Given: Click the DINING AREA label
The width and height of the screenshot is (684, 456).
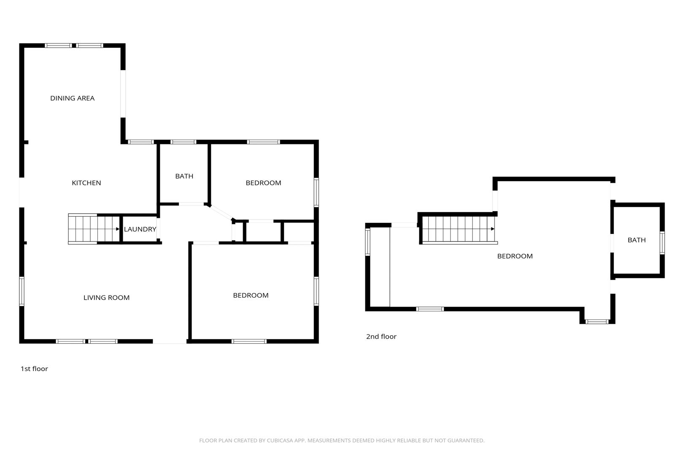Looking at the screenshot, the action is (73, 98).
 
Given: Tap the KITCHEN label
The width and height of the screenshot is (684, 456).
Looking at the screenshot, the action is (87, 183).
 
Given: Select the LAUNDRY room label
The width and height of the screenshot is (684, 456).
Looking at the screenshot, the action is (140, 229).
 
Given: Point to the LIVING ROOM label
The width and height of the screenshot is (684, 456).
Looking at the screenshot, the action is (107, 297).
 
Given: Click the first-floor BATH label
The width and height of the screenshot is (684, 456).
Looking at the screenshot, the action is (184, 176).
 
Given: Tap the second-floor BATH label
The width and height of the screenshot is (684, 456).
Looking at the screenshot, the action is (637, 240).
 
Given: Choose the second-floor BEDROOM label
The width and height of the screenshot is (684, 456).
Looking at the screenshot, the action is (515, 256).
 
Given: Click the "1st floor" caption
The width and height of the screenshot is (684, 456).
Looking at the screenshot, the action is (34, 369).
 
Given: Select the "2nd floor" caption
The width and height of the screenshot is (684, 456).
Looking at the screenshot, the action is (381, 337).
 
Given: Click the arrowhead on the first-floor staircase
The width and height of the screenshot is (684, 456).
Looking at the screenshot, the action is (118, 229).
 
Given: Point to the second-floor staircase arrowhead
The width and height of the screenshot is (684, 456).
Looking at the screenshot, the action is (492, 228).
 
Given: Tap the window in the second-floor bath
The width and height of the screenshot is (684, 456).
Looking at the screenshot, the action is (662, 243).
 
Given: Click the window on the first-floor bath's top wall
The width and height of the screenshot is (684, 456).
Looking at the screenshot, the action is (183, 142).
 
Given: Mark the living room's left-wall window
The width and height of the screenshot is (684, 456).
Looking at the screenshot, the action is (22, 291).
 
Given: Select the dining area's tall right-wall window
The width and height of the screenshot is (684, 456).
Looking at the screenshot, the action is (123, 94).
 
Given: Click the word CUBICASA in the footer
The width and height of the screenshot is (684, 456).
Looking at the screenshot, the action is (280, 440).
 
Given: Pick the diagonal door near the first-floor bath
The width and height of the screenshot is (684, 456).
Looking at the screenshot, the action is (220, 212).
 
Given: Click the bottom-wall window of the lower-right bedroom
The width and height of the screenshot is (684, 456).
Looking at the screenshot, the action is (249, 342).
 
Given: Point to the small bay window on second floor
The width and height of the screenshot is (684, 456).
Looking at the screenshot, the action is (597, 322).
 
